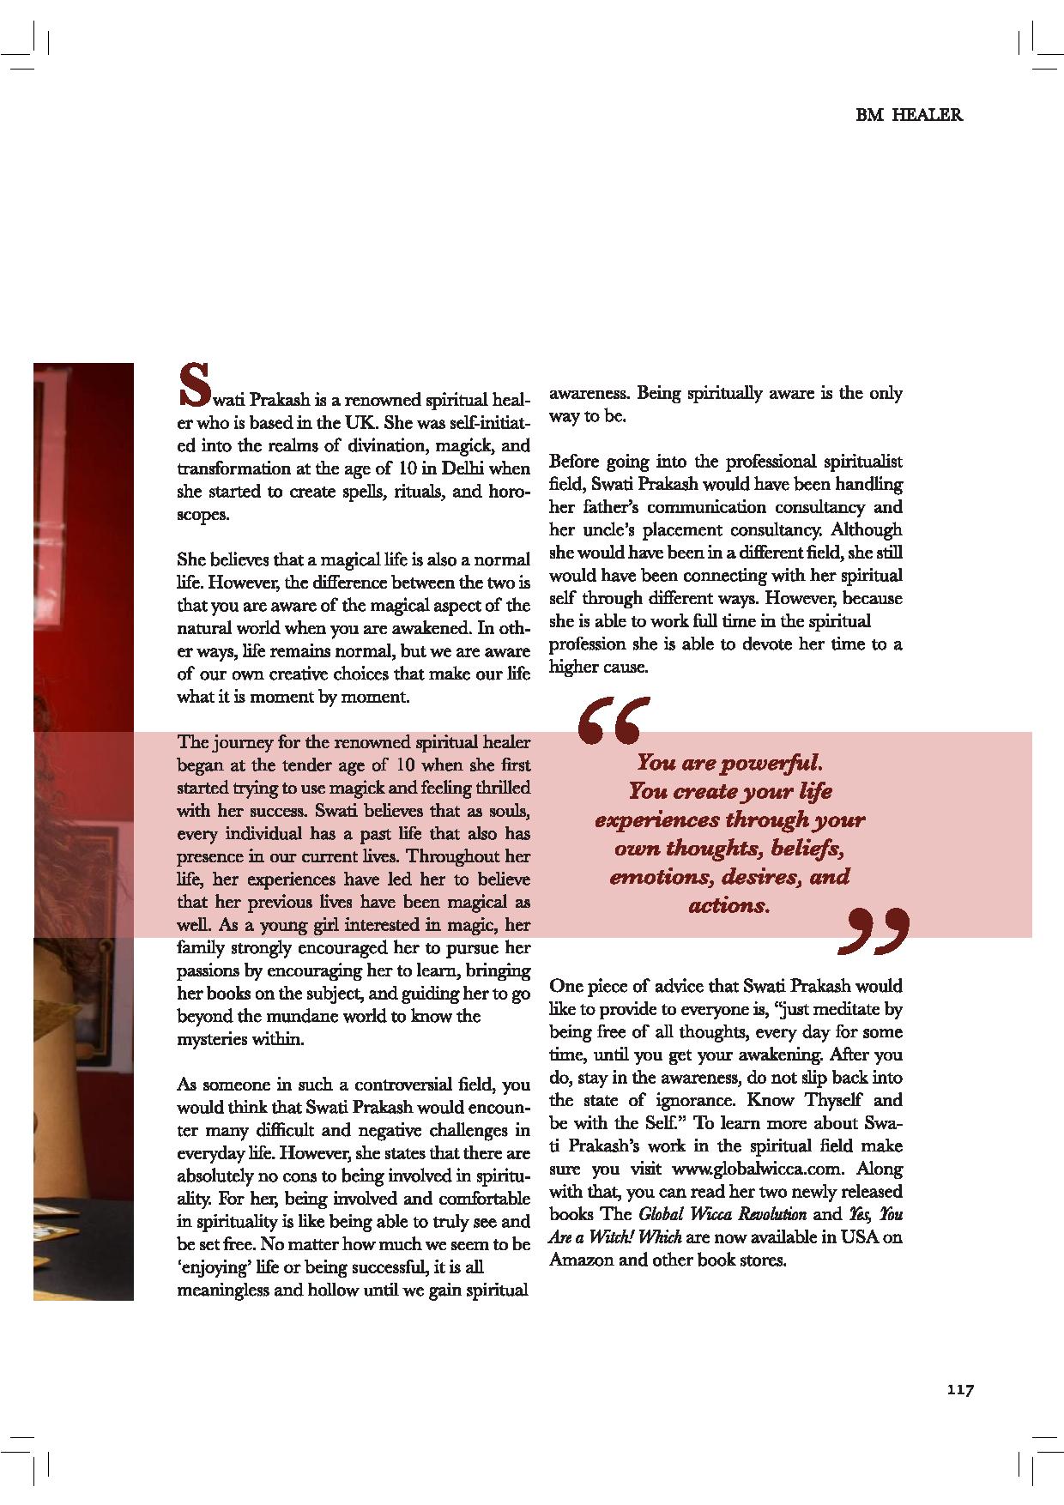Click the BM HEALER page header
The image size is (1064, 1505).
click(909, 115)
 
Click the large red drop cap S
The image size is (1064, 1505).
click(193, 384)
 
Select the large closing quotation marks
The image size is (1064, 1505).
click(872, 932)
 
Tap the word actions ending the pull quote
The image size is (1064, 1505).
click(728, 905)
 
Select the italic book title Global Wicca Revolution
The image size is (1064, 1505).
click(722, 1214)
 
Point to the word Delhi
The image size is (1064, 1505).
click(462, 468)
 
